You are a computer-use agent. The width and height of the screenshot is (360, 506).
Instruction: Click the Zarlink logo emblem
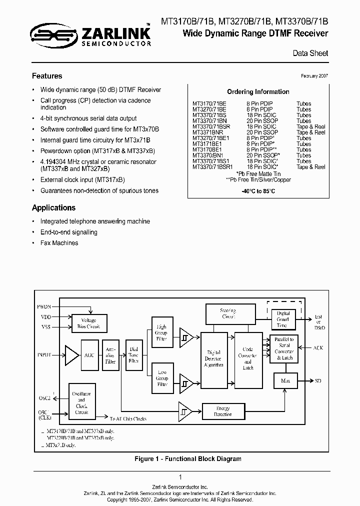pyautogui.click(x=52, y=34)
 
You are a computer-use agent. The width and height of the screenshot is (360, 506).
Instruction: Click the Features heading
pyautogui.click(x=47, y=76)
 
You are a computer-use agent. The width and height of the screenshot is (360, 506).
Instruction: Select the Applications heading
pyautogui.click(x=53, y=207)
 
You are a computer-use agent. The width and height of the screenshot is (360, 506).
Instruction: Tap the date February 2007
pyautogui.click(x=314, y=75)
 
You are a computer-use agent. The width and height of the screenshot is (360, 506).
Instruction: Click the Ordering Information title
pyautogui.click(x=258, y=92)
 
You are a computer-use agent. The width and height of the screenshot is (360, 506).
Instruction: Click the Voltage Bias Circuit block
pyautogui.click(x=88, y=323)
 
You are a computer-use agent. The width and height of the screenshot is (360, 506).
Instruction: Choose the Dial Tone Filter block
pyautogui.click(x=134, y=354)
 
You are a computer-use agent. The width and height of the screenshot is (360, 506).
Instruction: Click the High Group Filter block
pyautogui.click(x=162, y=333)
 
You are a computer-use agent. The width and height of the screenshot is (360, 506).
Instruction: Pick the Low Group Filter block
pyautogui.click(x=162, y=377)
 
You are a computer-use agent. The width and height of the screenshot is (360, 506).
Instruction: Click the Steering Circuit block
pyautogui.click(x=227, y=313)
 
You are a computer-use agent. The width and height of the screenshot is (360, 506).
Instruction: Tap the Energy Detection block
pyautogui.click(x=222, y=411)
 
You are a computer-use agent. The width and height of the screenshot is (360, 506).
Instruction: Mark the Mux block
pyautogui.click(x=285, y=381)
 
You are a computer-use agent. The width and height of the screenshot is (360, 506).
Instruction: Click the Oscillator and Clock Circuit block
pyautogui.click(x=81, y=403)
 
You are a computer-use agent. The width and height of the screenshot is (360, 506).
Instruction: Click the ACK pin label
pyautogui.click(x=318, y=347)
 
